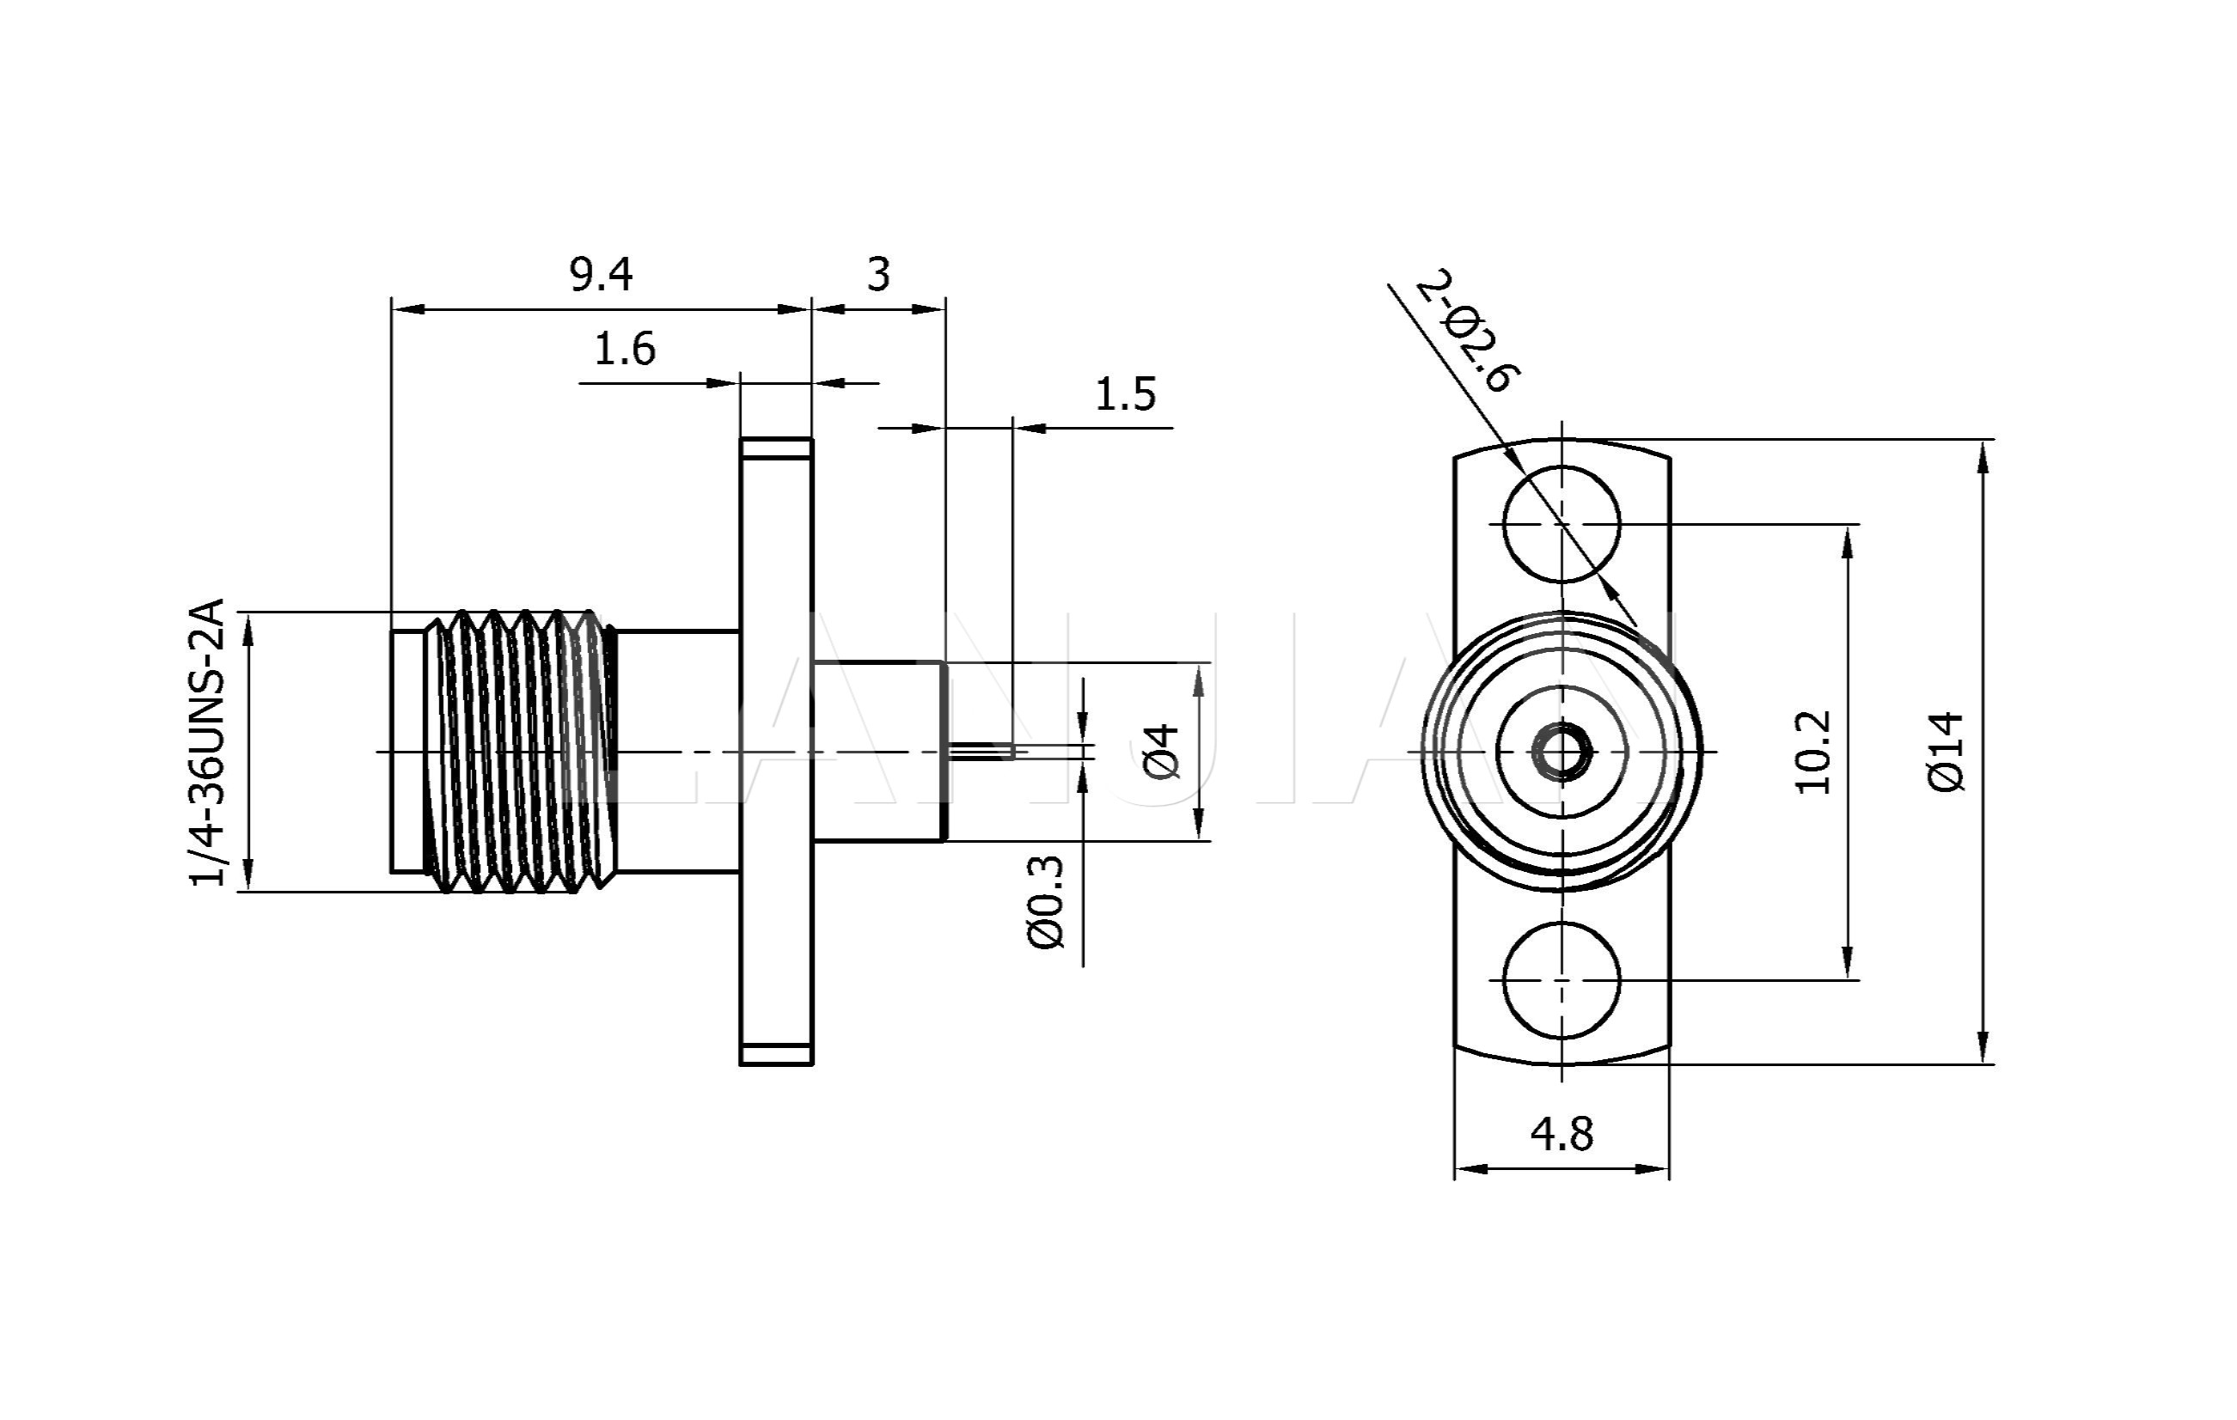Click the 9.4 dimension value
[601, 275]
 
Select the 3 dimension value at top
[878, 275]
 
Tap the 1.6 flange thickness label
[624, 349]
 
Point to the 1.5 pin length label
[1125, 394]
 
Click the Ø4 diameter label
[1161, 753]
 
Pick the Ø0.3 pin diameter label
[1046, 902]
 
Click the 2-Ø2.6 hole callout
[1469, 331]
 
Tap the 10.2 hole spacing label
[1812, 753]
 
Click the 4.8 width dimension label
[1562, 1134]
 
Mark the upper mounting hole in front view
[1562, 524]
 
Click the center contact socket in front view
[1562, 752]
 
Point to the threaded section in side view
[520, 752]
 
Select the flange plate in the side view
[776, 752]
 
